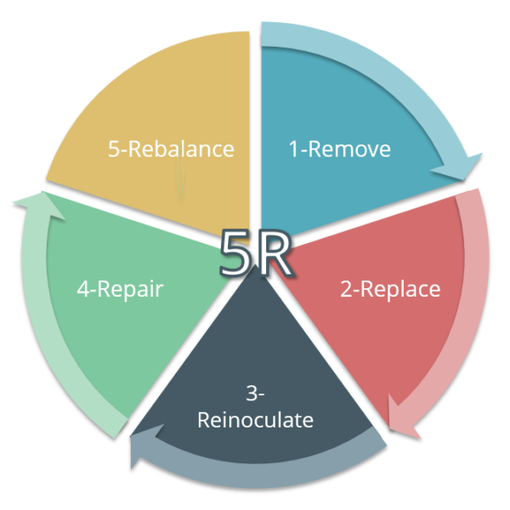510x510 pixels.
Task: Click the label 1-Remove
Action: (x=339, y=150)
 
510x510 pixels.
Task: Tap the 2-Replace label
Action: (x=390, y=289)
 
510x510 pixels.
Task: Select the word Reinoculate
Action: (x=255, y=420)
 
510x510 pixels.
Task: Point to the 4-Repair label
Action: (x=119, y=289)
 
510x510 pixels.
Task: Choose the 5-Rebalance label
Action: (x=171, y=149)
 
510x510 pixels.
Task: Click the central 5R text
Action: (x=256, y=253)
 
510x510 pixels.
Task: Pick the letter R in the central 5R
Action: (x=274, y=253)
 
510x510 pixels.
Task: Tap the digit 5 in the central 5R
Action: (x=236, y=253)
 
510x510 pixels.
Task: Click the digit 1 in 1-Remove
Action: (x=294, y=150)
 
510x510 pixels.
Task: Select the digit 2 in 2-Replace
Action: (x=346, y=289)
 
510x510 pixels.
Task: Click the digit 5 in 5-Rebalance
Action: (x=114, y=149)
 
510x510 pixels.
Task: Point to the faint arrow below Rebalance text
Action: (x=180, y=183)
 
